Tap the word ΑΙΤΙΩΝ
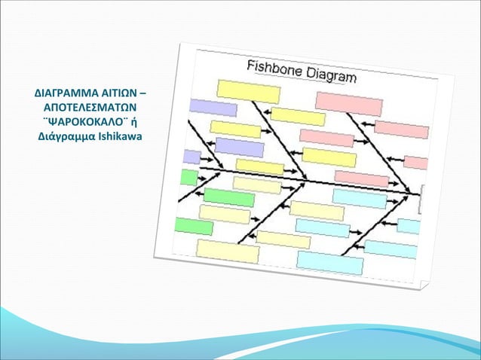point(116,95)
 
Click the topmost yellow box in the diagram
point(248,90)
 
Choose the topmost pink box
point(348,103)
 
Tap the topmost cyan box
point(360,198)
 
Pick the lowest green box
point(193,226)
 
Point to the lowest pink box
point(361,178)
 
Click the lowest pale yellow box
point(227,250)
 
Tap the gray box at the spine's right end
point(421,194)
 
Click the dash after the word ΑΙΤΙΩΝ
point(143,95)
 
